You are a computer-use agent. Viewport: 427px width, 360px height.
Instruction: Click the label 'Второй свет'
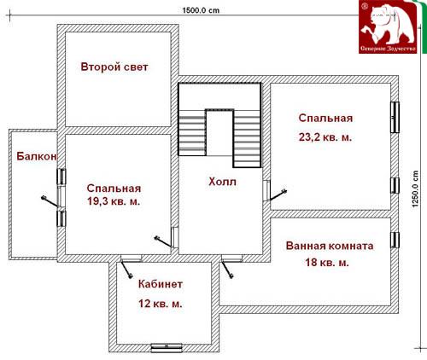click(x=114, y=67)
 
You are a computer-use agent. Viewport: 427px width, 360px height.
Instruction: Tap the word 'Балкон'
click(x=37, y=156)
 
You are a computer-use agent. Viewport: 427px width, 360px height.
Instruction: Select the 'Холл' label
click(x=222, y=182)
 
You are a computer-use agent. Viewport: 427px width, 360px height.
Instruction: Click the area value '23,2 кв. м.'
click(x=325, y=137)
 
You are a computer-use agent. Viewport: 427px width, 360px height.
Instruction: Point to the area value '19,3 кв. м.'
click(x=114, y=201)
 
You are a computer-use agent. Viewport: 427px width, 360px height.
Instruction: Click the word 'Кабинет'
click(x=161, y=284)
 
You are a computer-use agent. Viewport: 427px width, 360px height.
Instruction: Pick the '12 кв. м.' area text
click(x=161, y=304)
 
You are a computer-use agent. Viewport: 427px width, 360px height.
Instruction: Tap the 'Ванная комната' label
click(x=330, y=246)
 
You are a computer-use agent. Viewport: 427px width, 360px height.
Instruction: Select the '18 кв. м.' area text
click(x=327, y=262)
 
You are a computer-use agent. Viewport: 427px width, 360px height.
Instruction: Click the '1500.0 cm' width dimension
click(x=201, y=10)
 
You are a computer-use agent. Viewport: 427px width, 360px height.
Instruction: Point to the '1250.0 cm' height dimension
click(x=415, y=189)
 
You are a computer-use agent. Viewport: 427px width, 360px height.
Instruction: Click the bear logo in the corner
click(x=389, y=26)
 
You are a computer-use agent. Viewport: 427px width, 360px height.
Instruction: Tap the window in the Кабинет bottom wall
click(x=167, y=347)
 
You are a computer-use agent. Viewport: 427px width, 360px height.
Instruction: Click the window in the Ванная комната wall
click(x=395, y=240)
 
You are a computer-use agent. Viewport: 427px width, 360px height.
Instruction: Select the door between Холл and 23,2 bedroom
click(x=275, y=192)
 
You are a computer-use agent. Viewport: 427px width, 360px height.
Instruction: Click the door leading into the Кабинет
click(x=127, y=267)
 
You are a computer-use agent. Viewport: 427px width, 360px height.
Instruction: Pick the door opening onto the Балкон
click(x=53, y=198)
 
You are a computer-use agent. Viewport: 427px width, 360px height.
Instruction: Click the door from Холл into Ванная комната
click(x=229, y=267)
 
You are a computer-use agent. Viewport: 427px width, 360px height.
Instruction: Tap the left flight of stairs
click(x=192, y=132)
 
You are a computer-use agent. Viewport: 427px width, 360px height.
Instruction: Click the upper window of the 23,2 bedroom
click(x=395, y=117)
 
